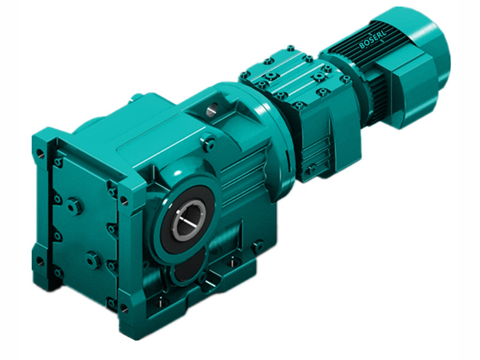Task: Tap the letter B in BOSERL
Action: (x=362, y=46)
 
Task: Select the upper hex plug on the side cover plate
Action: (x=74, y=206)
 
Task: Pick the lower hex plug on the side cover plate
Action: (x=93, y=260)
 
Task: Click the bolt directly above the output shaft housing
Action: (x=209, y=144)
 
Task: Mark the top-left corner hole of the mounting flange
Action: (x=40, y=152)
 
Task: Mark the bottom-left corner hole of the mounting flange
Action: (x=41, y=261)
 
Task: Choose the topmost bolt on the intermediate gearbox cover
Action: (x=290, y=48)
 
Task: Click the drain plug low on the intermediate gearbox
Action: (x=311, y=170)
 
